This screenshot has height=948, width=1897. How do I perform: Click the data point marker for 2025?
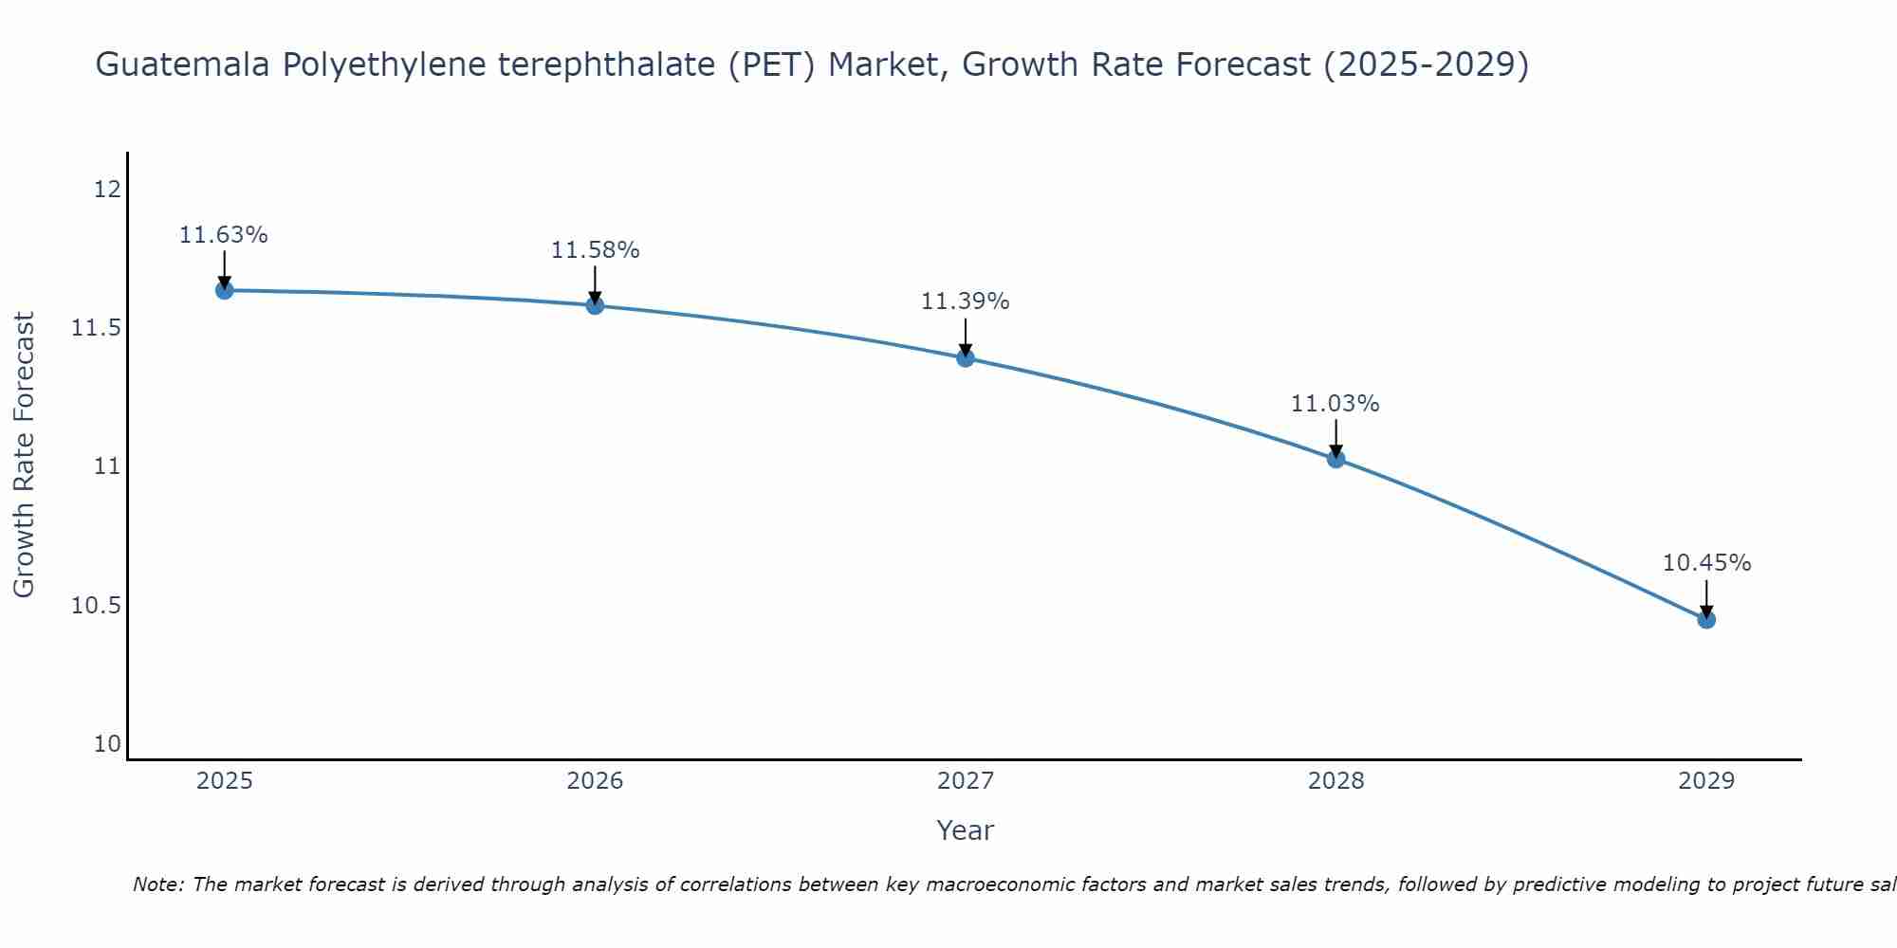[x=225, y=290]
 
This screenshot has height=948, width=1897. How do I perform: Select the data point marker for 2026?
[x=595, y=305]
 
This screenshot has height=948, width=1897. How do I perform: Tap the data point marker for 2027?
[x=966, y=357]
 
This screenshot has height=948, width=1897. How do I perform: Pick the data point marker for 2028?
[x=1335, y=459]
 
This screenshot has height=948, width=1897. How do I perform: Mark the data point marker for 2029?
[x=1706, y=620]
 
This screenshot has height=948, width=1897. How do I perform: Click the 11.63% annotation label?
[x=224, y=235]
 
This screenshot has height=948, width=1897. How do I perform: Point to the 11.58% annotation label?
[x=595, y=250]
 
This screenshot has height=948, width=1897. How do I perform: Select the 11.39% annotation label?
[x=966, y=301]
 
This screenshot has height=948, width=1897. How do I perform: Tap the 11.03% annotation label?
[x=1335, y=404]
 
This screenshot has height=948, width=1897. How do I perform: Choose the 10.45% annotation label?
[x=1706, y=563]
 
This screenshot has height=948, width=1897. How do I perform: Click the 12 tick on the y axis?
[x=107, y=190]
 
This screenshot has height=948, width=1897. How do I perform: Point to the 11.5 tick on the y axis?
[x=97, y=328]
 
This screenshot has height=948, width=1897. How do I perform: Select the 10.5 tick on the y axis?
[x=97, y=606]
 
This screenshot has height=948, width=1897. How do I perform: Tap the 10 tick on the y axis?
[x=107, y=744]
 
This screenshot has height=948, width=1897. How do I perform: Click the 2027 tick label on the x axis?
[x=966, y=781]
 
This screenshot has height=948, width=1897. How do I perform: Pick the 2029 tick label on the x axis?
[x=1706, y=781]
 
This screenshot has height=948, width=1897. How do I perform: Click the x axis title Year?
[x=965, y=830]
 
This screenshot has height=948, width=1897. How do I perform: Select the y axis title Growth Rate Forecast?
[x=24, y=455]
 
